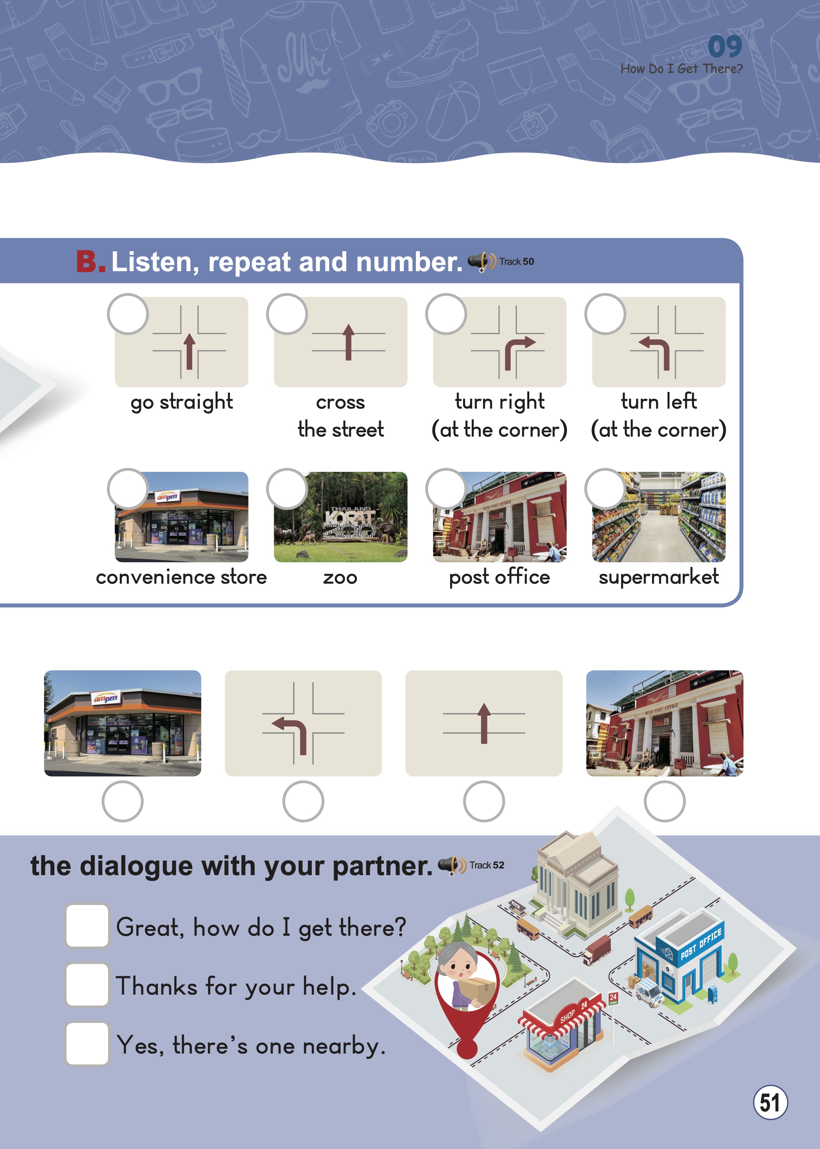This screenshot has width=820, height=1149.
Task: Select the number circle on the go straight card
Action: click(x=128, y=314)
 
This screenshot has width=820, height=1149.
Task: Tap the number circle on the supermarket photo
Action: click(x=605, y=489)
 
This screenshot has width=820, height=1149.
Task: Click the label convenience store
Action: click(x=181, y=577)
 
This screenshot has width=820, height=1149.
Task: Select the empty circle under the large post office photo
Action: click(x=665, y=802)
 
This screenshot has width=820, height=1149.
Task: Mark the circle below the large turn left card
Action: click(x=303, y=802)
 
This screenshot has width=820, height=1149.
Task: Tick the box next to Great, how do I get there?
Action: click(x=87, y=926)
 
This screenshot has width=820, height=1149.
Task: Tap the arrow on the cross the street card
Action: click(x=348, y=342)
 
